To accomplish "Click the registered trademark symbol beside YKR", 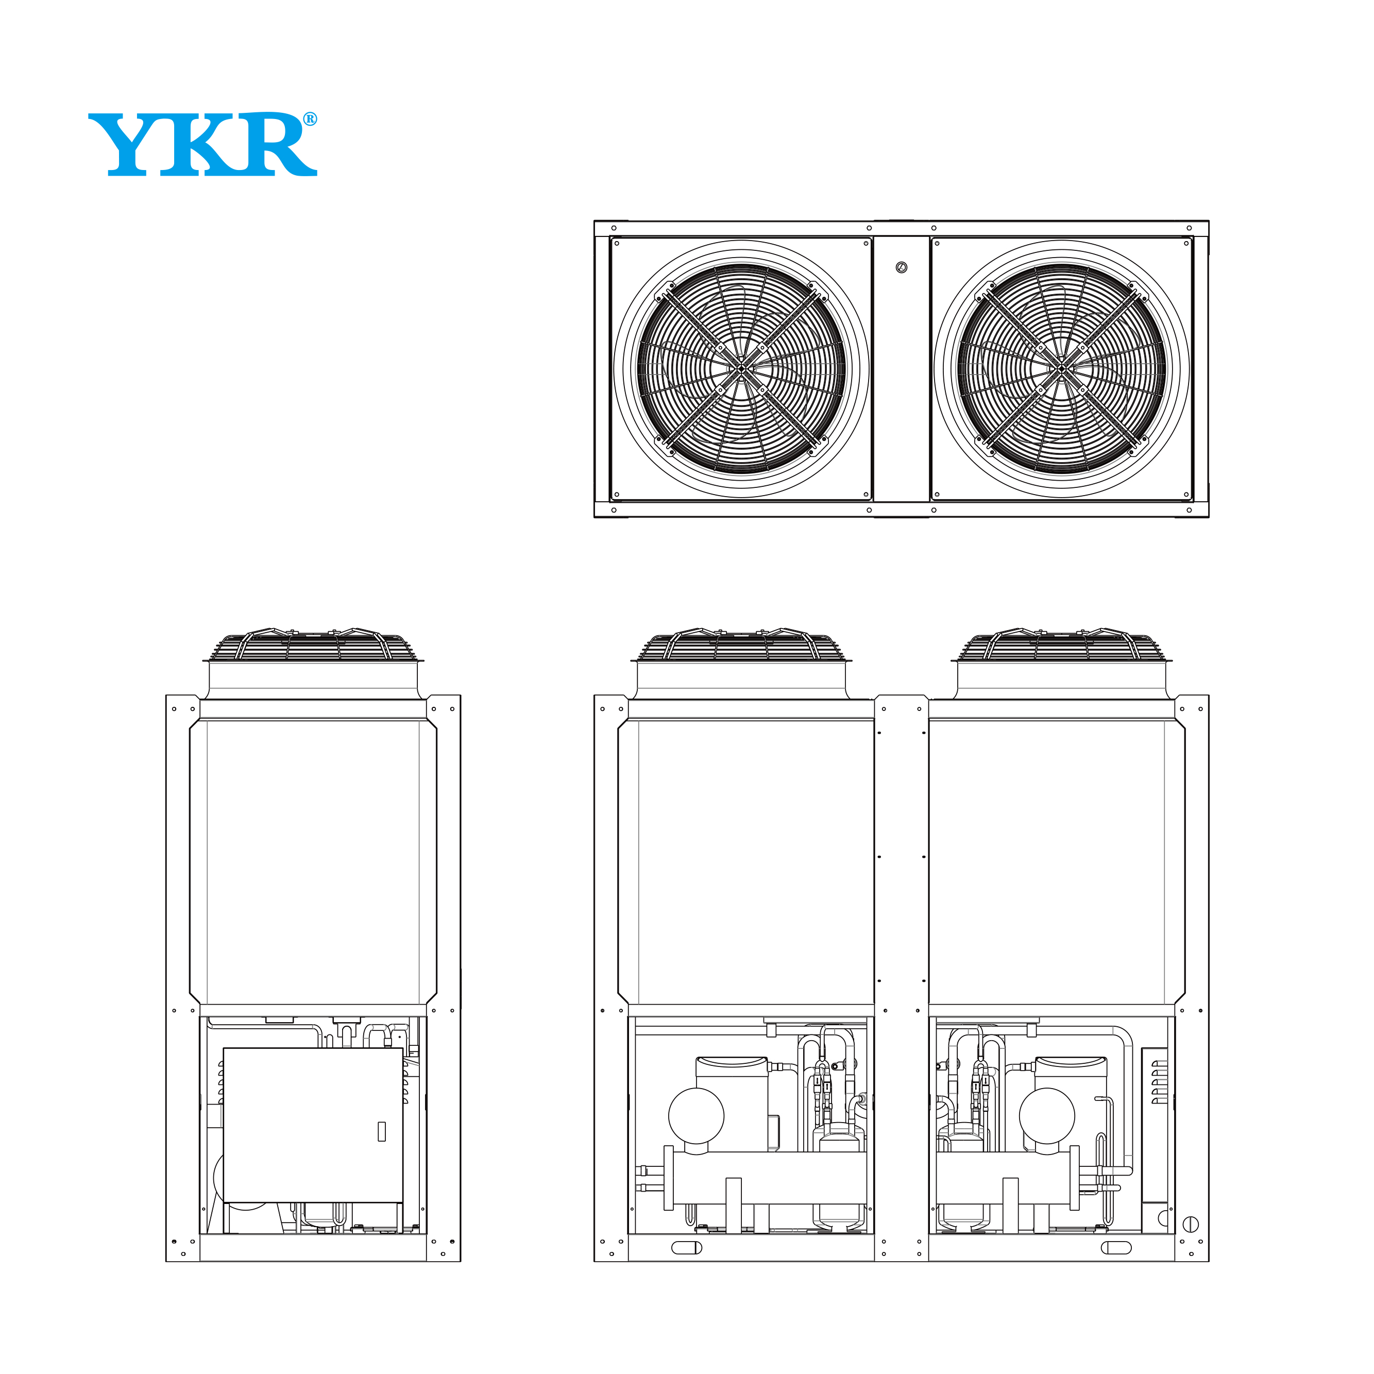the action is (x=310, y=120).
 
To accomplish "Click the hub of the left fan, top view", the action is (x=741, y=368).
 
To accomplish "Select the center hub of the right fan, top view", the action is (x=1062, y=368).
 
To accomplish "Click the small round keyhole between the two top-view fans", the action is (x=902, y=268).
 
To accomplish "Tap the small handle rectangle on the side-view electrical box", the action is (x=382, y=1131).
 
